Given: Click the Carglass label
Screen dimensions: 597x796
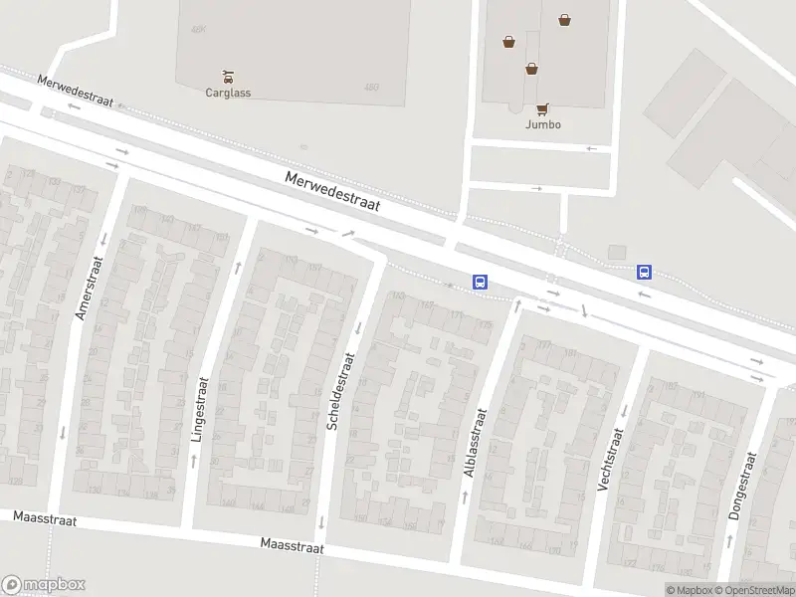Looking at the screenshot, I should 228,93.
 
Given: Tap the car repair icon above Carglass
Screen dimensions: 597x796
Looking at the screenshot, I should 228,76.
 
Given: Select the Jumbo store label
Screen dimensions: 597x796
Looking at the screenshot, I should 543,124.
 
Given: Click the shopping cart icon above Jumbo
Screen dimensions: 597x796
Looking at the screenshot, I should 543,108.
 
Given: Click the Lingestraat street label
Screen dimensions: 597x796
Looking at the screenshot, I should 198,408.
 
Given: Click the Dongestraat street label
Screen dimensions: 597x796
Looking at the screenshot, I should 741,486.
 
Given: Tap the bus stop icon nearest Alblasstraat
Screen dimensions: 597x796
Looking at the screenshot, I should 481,282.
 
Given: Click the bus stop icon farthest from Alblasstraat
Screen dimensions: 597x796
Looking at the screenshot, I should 645,271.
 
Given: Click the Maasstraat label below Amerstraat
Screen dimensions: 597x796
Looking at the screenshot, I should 44,518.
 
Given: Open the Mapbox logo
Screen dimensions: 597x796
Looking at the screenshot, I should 44,585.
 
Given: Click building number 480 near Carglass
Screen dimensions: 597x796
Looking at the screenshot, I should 371,88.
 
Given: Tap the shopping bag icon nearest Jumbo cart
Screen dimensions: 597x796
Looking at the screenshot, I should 531,69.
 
